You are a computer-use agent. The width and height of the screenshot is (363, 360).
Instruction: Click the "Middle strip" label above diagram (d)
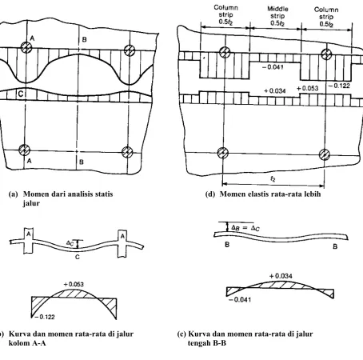277,12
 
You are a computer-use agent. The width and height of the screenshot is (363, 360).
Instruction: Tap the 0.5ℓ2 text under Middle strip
277,23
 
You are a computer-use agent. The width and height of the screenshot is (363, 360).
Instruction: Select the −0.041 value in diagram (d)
273,67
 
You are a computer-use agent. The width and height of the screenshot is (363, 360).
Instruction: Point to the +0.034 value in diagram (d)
274,91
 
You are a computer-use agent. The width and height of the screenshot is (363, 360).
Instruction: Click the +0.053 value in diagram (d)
307,88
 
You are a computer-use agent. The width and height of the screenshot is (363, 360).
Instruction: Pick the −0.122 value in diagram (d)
339,86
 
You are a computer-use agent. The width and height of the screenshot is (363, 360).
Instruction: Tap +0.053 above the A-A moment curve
74,284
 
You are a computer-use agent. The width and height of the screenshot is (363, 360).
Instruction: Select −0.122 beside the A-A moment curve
45,317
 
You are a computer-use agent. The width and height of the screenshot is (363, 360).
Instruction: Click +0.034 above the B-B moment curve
281,276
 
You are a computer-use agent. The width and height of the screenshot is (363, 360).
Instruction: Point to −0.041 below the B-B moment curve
240,300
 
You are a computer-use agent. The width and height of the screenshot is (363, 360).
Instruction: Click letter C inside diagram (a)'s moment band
21,94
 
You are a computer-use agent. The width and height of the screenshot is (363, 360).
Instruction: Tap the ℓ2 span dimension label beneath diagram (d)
273,179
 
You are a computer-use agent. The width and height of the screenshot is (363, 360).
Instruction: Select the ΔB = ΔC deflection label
245,228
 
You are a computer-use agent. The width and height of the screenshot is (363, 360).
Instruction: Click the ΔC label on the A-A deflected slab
70,243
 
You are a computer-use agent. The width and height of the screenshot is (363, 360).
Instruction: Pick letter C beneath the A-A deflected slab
78,257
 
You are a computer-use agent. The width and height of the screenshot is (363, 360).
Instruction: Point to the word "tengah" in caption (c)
199,343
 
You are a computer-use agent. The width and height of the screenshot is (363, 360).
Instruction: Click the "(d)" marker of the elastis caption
210,194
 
